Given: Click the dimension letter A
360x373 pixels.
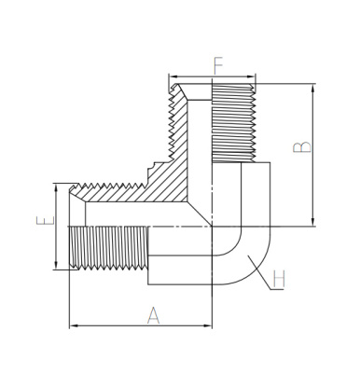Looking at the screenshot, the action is tap(153, 315).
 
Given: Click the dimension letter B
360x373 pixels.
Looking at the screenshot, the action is tap(302, 147).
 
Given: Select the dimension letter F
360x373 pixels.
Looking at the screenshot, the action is tap(218, 66).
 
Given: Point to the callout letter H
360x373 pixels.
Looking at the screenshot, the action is tap(279, 279).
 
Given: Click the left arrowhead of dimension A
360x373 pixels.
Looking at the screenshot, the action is tap(74, 325).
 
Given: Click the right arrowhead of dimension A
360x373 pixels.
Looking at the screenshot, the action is tap(207, 325).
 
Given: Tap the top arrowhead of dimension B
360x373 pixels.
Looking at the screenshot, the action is tap(313, 89).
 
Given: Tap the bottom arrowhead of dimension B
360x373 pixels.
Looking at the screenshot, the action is tap(313, 222).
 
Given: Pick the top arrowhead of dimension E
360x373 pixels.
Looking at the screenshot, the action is tap(56, 188).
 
